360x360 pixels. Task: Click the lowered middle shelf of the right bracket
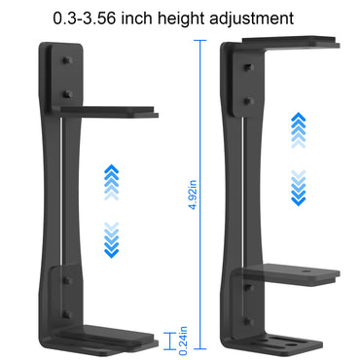292,272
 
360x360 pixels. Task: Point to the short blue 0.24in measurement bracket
172,341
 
